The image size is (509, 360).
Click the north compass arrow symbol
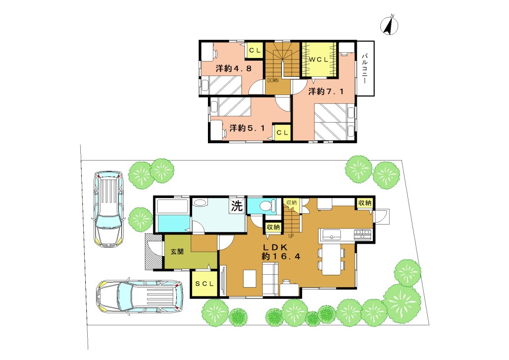389,25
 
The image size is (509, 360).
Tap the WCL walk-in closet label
318,60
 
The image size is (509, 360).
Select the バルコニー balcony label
365,69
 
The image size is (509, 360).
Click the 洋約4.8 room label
234,68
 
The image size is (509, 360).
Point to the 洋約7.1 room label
326,92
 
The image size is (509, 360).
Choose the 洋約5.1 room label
247,128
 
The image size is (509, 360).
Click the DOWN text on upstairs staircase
272,80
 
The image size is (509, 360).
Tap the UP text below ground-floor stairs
291,236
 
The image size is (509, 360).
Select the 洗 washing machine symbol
237,206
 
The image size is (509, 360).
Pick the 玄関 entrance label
177,251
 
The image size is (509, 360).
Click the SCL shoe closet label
204,284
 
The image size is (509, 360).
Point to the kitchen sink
331,234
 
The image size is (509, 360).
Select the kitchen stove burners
362,234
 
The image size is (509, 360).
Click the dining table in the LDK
332,259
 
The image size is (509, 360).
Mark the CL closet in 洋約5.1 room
282,132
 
